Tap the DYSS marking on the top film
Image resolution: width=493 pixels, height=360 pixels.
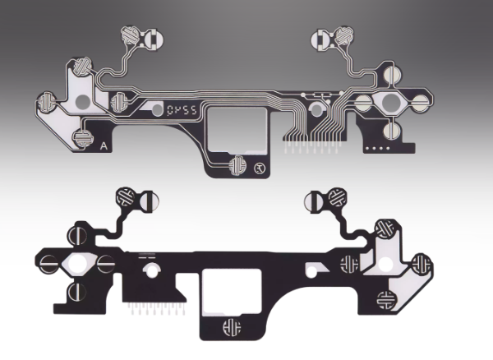[176, 108]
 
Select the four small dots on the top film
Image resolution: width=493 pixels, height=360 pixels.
[379, 148]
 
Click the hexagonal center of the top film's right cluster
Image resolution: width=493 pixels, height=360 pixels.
[389, 103]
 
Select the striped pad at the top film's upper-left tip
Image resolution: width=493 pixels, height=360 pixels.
[131, 35]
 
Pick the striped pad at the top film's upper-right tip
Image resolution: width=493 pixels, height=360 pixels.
[344, 35]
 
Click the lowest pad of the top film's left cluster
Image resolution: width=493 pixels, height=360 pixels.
[82, 138]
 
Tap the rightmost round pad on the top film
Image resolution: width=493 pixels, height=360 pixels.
[421, 104]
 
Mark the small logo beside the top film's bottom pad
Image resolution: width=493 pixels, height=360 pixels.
[260, 169]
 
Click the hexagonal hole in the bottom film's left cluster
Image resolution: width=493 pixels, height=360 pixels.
[82, 265]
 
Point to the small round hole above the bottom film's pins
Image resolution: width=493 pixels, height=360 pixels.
[150, 270]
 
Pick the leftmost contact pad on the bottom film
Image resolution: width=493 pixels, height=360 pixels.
[48, 265]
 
